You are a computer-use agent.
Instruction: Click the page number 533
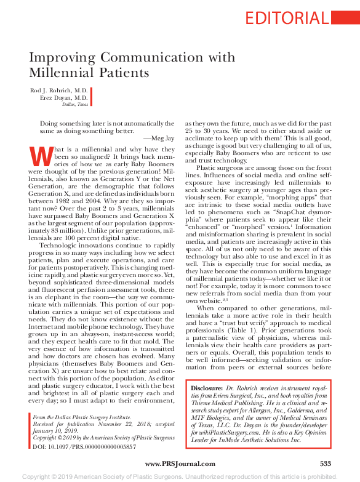[x=325, y=463]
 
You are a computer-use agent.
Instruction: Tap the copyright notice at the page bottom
[x=180, y=476]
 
